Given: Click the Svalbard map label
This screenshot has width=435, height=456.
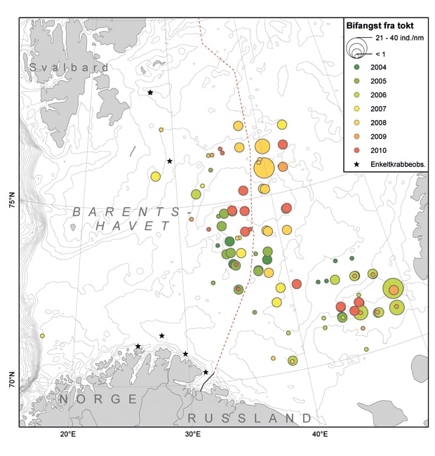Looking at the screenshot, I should click(69, 67).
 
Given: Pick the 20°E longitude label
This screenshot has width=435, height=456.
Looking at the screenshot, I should click(68, 434).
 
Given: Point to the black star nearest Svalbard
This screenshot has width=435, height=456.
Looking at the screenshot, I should click(150, 93).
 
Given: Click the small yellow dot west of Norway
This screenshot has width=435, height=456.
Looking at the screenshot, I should click(42, 336).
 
